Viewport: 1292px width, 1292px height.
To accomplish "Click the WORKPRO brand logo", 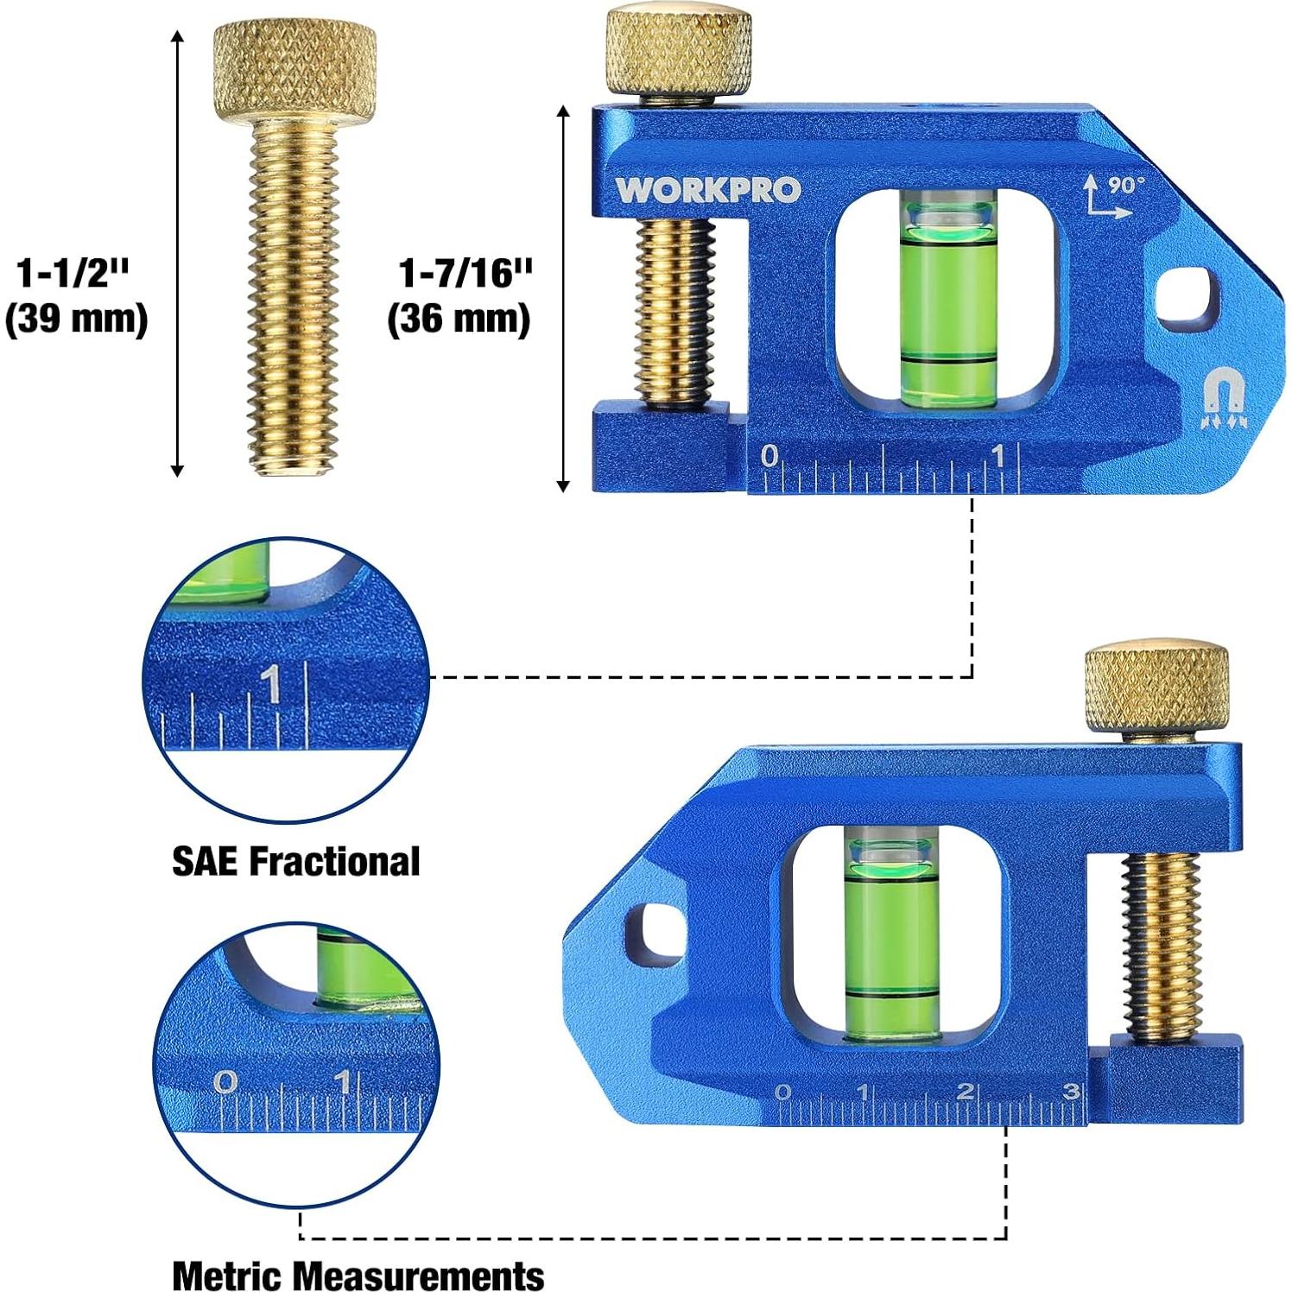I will click(x=707, y=190).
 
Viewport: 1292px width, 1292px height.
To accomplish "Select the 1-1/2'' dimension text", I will click(x=73, y=273).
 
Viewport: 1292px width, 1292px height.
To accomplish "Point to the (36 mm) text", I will click(x=458, y=319).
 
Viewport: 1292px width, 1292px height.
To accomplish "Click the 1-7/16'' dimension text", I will click(x=465, y=273).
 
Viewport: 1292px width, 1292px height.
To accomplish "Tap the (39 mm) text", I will click(x=76, y=319).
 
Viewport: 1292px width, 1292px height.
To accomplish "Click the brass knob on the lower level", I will click(x=1156, y=687).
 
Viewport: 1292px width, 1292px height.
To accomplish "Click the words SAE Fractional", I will click(x=295, y=861).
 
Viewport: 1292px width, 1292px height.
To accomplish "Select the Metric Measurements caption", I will click(x=358, y=1275).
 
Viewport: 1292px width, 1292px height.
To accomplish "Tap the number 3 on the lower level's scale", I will click(x=1070, y=1092).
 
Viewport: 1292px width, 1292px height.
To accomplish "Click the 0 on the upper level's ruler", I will click(x=769, y=456).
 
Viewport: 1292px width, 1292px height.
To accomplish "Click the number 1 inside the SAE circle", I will click(x=271, y=684).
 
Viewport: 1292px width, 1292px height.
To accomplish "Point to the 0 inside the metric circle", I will click(x=225, y=1081).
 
